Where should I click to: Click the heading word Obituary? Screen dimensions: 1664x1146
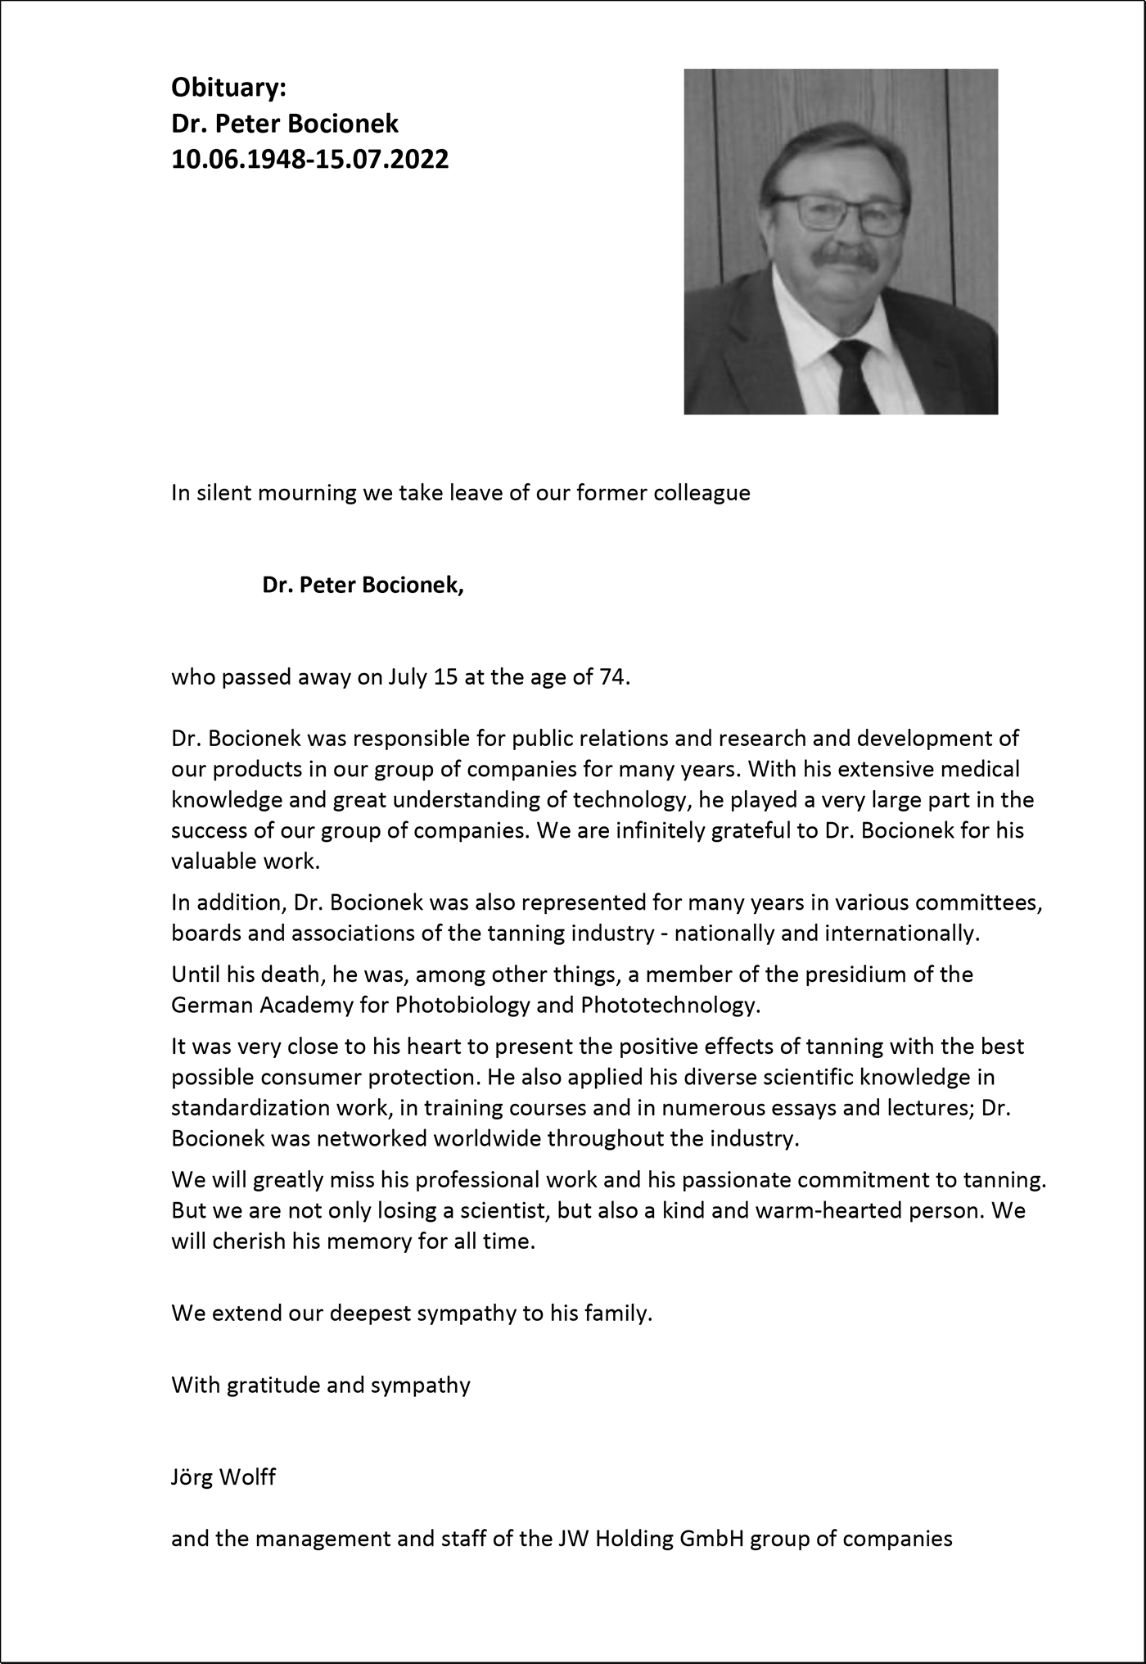click(x=228, y=87)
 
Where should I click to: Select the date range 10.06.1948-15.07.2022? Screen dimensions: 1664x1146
click(x=309, y=159)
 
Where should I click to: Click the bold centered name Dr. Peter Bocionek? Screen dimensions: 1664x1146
click(x=363, y=585)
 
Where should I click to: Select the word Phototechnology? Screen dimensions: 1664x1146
click(x=669, y=1005)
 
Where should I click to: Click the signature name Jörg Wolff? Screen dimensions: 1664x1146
click(x=223, y=1477)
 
